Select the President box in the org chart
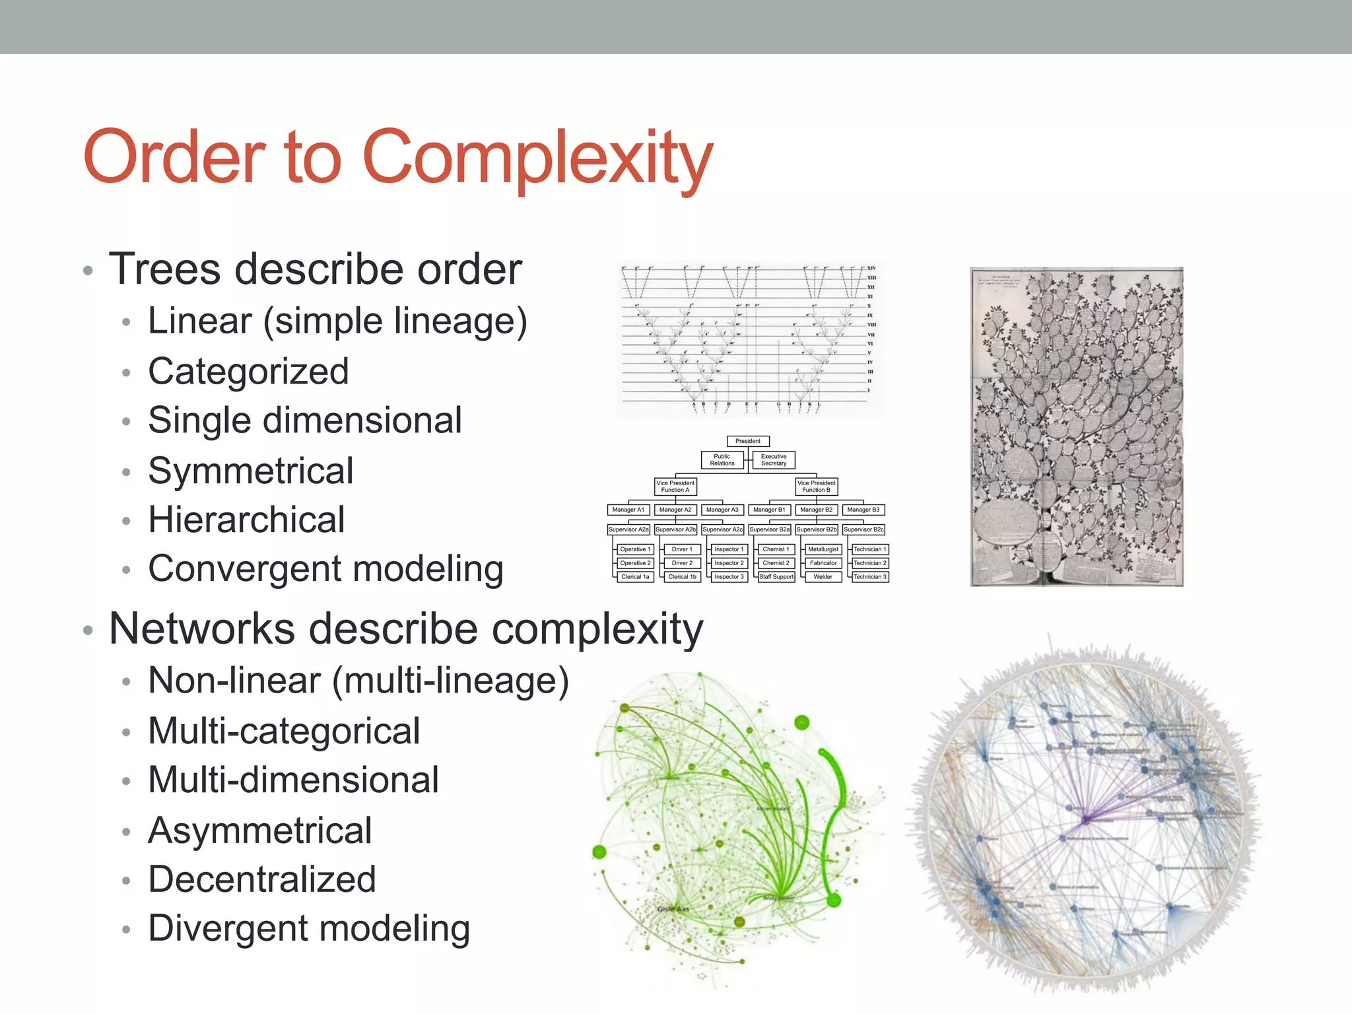pyautogui.click(x=747, y=441)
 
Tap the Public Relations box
pyautogui.click(x=722, y=460)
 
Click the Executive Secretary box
pyautogui.click(x=774, y=460)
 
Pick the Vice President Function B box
pyautogui.click(x=817, y=487)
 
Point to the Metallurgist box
pyautogui.click(x=823, y=549)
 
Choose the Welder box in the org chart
pyautogui.click(x=823, y=577)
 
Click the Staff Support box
pyautogui.click(x=776, y=577)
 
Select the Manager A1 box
pyautogui.click(x=628, y=510)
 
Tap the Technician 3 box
pyautogui.click(x=870, y=577)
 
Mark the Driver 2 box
pyautogui.click(x=682, y=563)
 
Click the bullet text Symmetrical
pyautogui.click(x=251, y=471)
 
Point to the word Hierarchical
pyautogui.click(x=247, y=520)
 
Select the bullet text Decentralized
pyautogui.click(x=262, y=879)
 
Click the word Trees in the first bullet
pyautogui.click(x=165, y=269)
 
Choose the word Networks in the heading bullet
pyautogui.click(x=202, y=628)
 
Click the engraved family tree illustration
pyautogui.click(x=1076, y=426)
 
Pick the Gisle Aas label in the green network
pyautogui.click(x=673, y=909)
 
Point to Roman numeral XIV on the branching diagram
pyautogui.click(x=871, y=269)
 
